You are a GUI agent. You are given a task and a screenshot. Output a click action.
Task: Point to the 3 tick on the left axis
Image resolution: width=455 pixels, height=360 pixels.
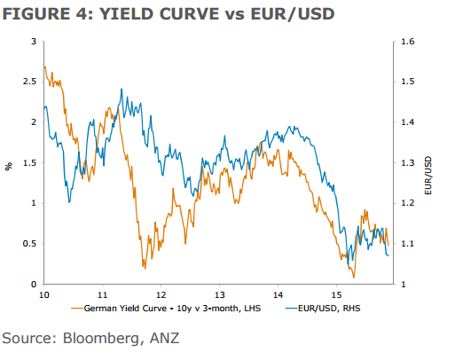coord(34,41)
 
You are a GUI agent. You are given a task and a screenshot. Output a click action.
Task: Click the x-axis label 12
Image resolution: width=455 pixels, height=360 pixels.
coord(161,293)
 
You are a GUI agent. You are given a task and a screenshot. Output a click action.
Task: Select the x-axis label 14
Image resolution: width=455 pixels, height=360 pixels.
coord(278,293)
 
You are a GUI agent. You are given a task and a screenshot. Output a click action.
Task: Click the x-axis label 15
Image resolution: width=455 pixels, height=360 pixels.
coord(336,293)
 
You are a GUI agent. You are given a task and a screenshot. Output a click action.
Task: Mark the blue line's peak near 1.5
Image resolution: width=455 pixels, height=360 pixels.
coord(121,90)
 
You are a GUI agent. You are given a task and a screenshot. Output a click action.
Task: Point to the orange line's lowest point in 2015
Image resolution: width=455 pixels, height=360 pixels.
coord(354,278)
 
